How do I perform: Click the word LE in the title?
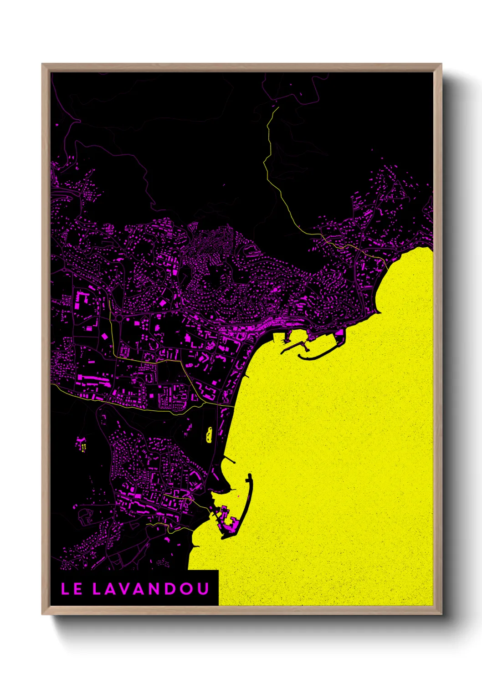click(72, 589)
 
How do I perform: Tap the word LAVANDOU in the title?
click(151, 589)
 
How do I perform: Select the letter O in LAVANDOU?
click(186, 589)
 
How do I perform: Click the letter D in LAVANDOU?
click(170, 589)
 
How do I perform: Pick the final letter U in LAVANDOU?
click(203, 589)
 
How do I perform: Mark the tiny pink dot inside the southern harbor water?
click(238, 496)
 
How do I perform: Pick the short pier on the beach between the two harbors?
click(247, 376)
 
